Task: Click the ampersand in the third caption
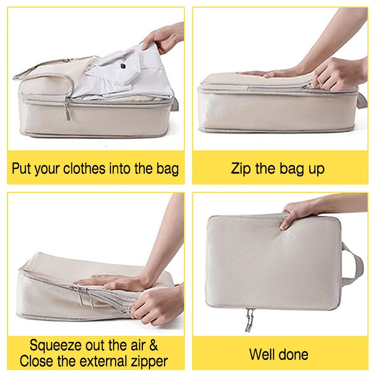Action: [153, 345]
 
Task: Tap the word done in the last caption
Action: [295, 353]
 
